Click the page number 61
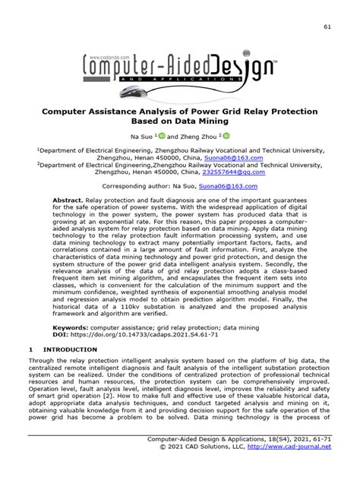(x=327, y=28)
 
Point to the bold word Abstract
(x=68, y=201)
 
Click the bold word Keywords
(x=71, y=318)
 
